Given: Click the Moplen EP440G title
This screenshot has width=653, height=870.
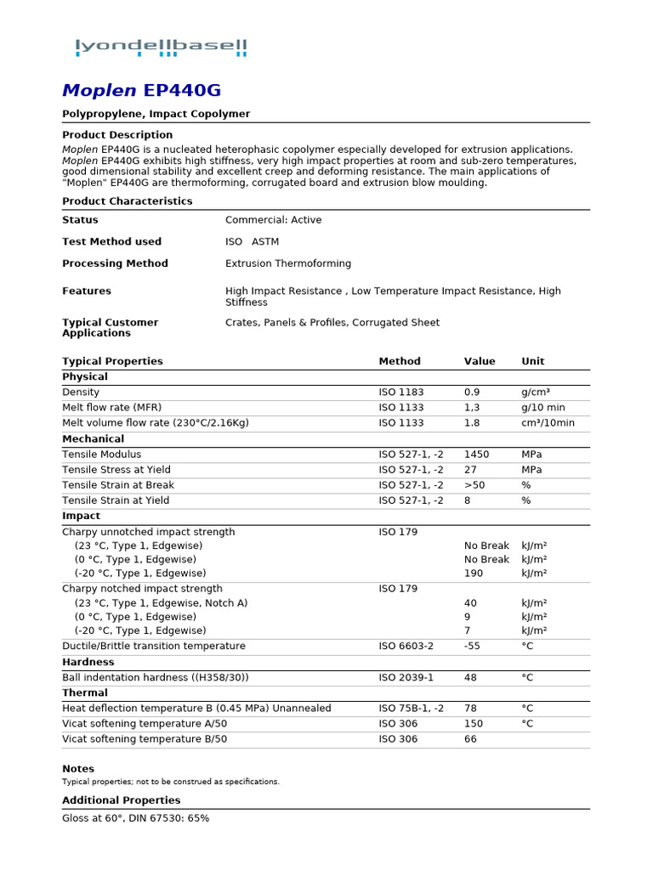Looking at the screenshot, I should tap(142, 91).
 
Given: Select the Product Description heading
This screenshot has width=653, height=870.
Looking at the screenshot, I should tap(117, 135).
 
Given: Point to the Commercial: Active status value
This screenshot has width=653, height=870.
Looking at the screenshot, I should tap(273, 220).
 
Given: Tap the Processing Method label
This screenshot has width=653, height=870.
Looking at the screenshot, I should tap(115, 263).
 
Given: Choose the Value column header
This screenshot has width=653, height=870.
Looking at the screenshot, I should tap(480, 361).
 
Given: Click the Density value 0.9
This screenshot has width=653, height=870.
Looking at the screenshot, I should tap(472, 393).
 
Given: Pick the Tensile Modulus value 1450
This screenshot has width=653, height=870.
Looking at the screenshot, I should tap(477, 455).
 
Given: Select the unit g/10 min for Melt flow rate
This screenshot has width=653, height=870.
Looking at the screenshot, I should tap(543, 408).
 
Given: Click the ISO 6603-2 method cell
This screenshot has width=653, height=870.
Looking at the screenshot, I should tap(406, 647).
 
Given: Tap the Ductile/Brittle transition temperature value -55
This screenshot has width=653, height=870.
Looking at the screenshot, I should tap(473, 647).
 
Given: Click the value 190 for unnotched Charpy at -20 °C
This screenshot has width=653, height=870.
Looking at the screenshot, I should tap(474, 573).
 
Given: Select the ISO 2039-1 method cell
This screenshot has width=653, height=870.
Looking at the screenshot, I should tap(406, 678).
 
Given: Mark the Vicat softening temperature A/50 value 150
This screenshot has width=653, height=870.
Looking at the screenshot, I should tap(474, 724).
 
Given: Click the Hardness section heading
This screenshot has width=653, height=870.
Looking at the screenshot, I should tap(88, 662).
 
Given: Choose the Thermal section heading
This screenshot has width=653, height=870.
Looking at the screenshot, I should tap(85, 693).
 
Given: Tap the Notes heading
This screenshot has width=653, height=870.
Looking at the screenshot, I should tap(78, 769).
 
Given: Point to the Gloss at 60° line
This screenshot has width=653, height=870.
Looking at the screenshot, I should tap(135, 818).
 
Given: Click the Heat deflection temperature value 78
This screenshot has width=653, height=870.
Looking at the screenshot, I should tap(470, 709).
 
